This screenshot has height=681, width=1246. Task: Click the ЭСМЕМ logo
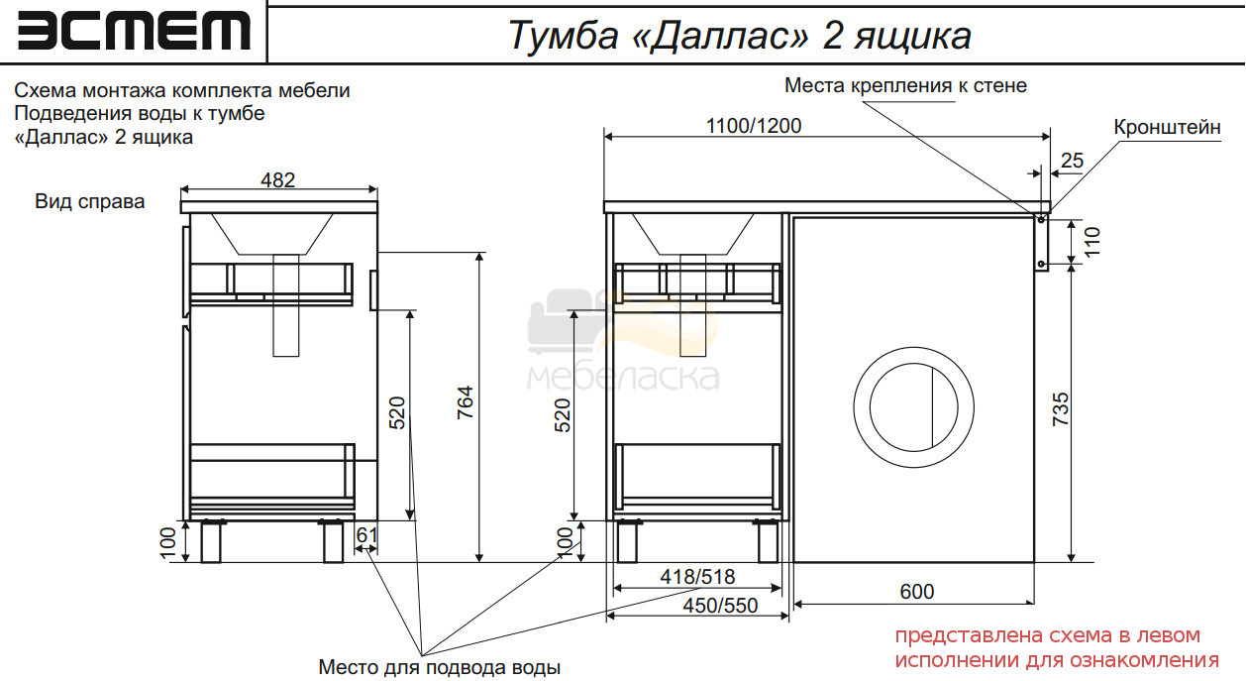point(134,32)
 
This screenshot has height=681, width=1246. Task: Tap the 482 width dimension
point(277,179)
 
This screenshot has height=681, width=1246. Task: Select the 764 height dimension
point(466,402)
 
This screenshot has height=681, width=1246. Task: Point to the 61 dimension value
point(367,535)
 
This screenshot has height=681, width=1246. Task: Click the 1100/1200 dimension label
point(754,126)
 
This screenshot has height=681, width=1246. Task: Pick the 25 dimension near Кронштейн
point(1072,161)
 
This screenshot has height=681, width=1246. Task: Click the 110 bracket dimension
point(1092,242)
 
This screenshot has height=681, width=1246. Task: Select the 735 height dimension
point(1061,409)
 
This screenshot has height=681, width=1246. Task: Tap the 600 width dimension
point(917,592)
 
